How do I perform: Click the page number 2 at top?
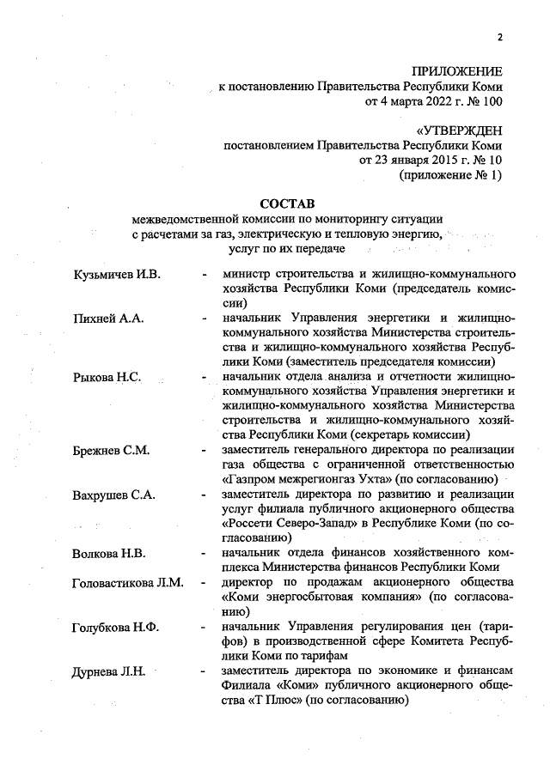pos(498,37)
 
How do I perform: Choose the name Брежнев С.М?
pos(111,450)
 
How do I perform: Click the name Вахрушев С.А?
pos(113,495)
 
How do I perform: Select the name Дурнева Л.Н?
pos(109,671)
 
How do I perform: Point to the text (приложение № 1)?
pos(452,175)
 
